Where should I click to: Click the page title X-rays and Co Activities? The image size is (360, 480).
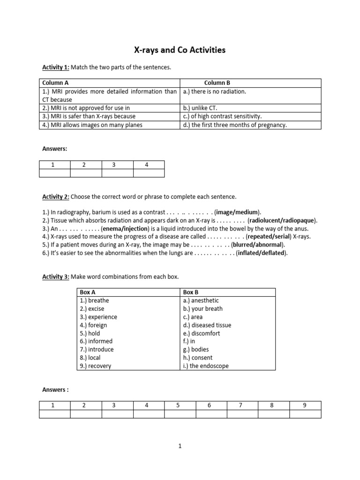click(x=180, y=50)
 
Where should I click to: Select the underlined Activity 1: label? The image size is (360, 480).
click(x=56, y=67)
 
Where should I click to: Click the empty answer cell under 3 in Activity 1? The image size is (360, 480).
click(x=117, y=173)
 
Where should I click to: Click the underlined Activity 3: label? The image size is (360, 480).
click(x=56, y=277)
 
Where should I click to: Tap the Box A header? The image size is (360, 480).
click(x=88, y=292)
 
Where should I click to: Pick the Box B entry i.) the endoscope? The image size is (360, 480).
click(x=206, y=366)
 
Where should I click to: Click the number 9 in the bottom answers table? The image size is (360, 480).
click(x=305, y=405)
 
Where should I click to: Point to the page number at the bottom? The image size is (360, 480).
click(x=180, y=447)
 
